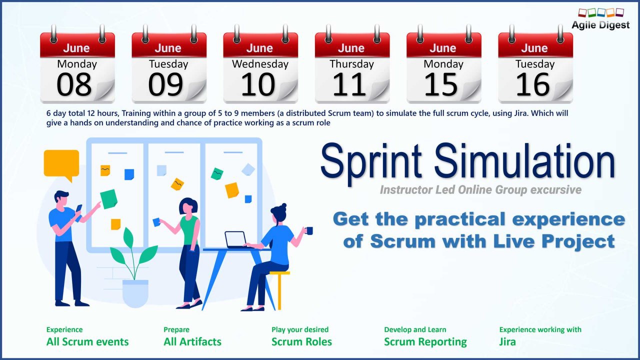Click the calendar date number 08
tap(74, 84)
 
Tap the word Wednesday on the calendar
tap(260, 64)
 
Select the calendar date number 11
tap(349, 84)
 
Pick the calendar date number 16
tap(532, 84)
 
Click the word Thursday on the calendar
tap(351, 64)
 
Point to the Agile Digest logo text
tap(600, 25)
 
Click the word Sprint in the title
tap(371, 163)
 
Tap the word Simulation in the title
tap(524, 161)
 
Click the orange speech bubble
tap(61, 164)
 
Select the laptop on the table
tap(235, 239)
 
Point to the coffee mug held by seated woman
tap(308, 230)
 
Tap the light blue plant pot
tap(135, 293)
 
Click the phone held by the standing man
tap(78, 212)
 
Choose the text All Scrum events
tap(87, 341)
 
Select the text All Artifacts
tap(192, 341)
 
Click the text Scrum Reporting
tap(425, 342)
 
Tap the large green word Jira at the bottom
tap(507, 341)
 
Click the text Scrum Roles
tap(301, 341)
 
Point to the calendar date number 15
tap(441, 84)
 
